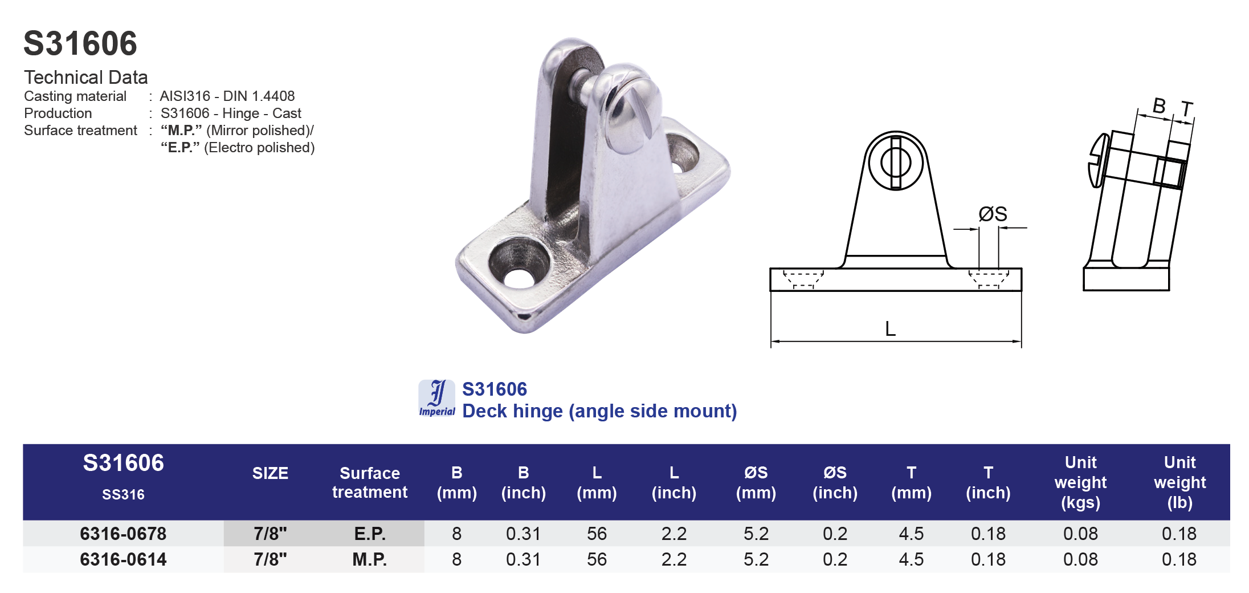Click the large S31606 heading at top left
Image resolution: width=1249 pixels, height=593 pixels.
pos(80,43)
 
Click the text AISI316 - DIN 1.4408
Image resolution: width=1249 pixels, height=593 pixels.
pos(227,96)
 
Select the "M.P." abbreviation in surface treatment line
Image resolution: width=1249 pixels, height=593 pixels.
pos(181,130)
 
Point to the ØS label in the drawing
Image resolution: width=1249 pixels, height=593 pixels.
pos(993,214)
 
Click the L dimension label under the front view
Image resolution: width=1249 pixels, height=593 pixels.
pos(890,328)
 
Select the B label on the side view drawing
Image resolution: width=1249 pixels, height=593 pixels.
pos(1158,105)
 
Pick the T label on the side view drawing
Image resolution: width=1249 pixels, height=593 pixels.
pos(1186,109)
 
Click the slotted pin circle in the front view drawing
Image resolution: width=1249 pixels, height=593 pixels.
pos(896,162)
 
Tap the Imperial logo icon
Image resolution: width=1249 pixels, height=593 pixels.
pos(437,398)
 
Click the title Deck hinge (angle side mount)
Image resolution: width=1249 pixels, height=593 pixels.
pos(599,411)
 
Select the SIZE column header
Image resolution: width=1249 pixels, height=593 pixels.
pos(270,473)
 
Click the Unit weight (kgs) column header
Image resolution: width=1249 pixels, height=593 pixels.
pos(1080,482)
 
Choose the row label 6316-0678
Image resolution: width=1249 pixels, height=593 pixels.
pos(123,534)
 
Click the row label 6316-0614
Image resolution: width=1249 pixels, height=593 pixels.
pos(123,559)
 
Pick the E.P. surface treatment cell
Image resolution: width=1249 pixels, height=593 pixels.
pos(370,534)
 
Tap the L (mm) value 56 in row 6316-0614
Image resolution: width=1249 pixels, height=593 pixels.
pos(597,559)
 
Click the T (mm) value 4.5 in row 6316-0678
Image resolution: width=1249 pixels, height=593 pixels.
pos(911,534)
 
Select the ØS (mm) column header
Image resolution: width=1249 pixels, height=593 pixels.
pos(756,482)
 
